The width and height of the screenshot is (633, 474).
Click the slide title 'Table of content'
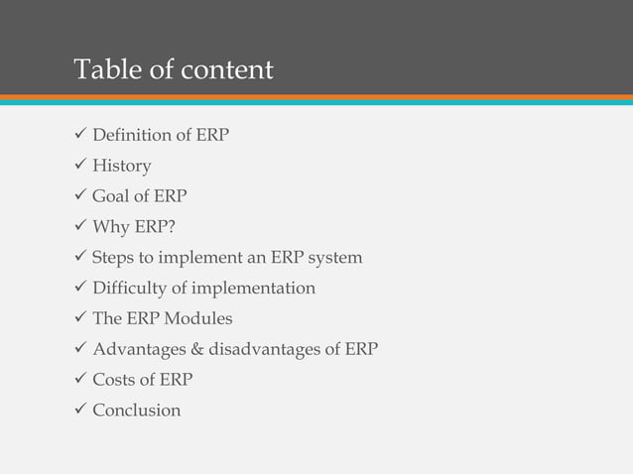pos(174,70)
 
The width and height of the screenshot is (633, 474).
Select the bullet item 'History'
pos(122,165)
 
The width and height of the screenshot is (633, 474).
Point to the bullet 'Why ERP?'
pos(134,227)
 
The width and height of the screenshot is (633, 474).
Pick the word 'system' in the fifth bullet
pos(335,258)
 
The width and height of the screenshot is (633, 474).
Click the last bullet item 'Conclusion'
pos(137,411)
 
